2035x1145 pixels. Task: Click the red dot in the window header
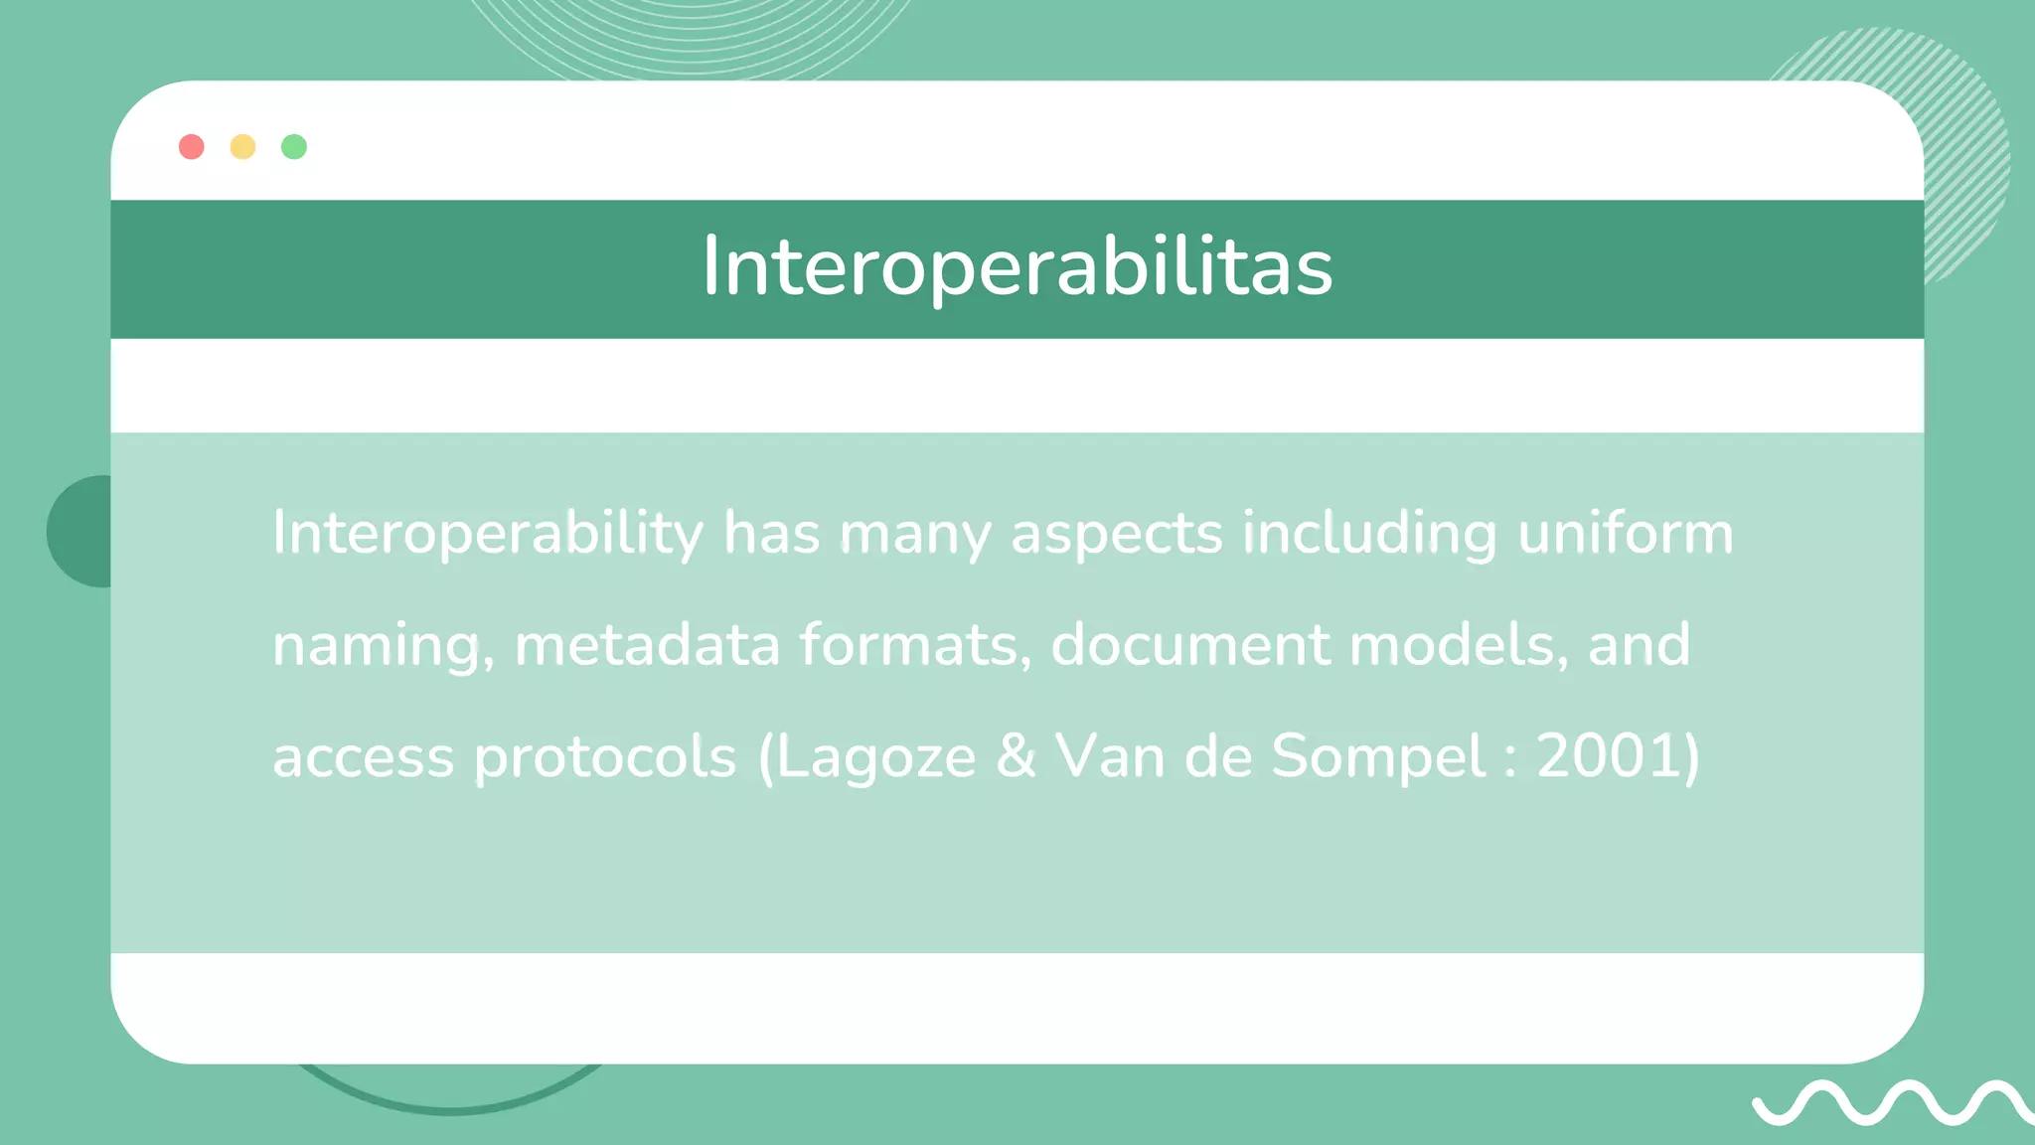(192, 147)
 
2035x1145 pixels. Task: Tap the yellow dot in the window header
(242, 147)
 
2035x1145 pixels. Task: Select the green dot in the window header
(294, 147)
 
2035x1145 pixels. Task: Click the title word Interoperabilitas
(1017, 266)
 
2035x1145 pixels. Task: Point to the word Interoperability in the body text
(488, 534)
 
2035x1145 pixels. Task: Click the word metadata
(647, 644)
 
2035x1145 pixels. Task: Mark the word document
(1189, 644)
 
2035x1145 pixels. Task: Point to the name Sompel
(1378, 757)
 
